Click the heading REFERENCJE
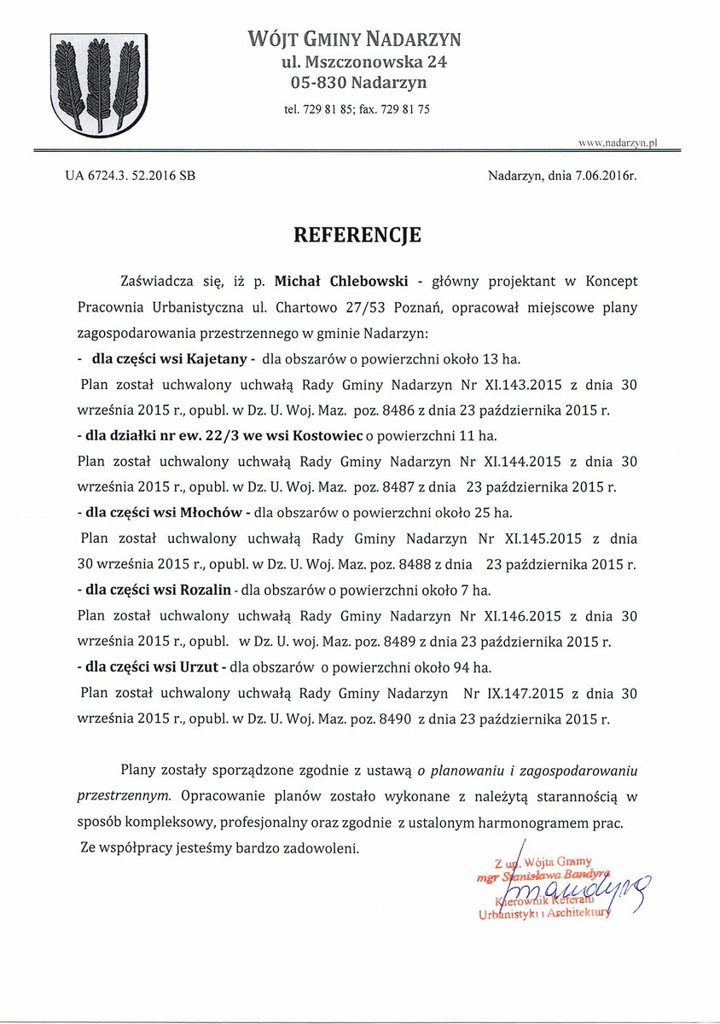click(357, 236)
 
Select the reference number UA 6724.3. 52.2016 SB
click(130, 177)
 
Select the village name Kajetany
click(212, 358)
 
